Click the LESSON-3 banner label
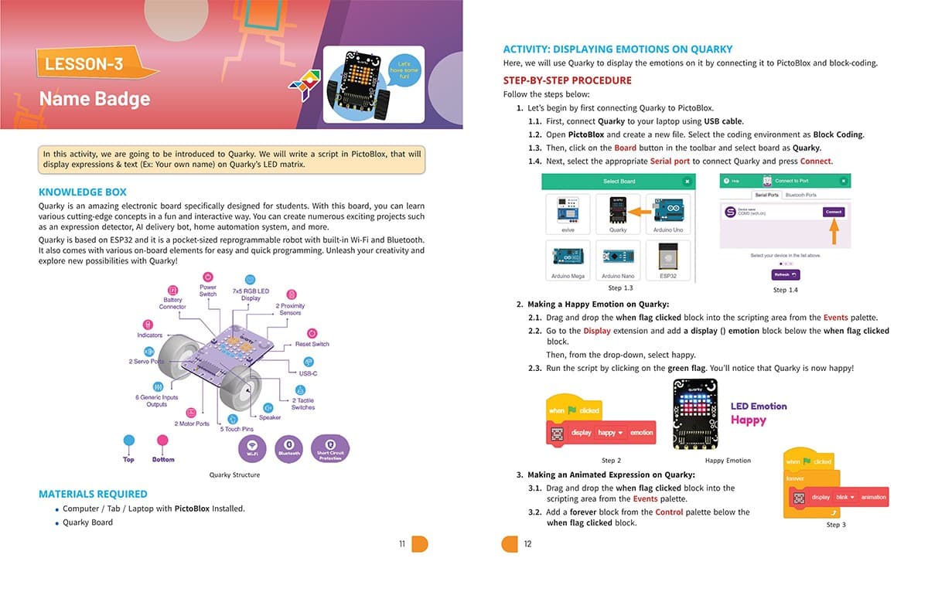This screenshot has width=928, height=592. pyautogui.click(x=84, y=63)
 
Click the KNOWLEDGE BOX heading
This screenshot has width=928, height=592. pyautogui.click(x=83, y=192)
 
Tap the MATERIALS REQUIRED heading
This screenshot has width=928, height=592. pyautogui.click(x=93, y=494)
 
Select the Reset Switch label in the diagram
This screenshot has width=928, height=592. pyautogui.click(x=312, y=344)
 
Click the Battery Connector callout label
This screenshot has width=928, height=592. pyautogui.click(x=172, y=303)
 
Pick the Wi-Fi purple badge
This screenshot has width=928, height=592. pyautogui.click(x=253, y=448)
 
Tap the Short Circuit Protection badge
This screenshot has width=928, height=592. pyautogui.click(x=330, y=448)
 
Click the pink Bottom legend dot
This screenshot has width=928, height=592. pyautogui.click(x=162, y=441)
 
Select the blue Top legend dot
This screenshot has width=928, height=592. pyautogui.click(x=128, y=441)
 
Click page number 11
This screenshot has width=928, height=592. pyautogui.click(x=402, y=544)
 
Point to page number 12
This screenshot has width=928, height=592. pyautogui.click(x=527, y=544)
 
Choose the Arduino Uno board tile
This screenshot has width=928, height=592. pyautogui.click(x=668, y=214)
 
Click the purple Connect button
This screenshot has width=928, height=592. pyautogui.click(x=833, y=212)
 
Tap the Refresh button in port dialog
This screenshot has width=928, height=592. pyautogui.click(x=785, y=274)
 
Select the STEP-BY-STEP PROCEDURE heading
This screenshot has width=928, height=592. pyautogui.click(x=567, y=80)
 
